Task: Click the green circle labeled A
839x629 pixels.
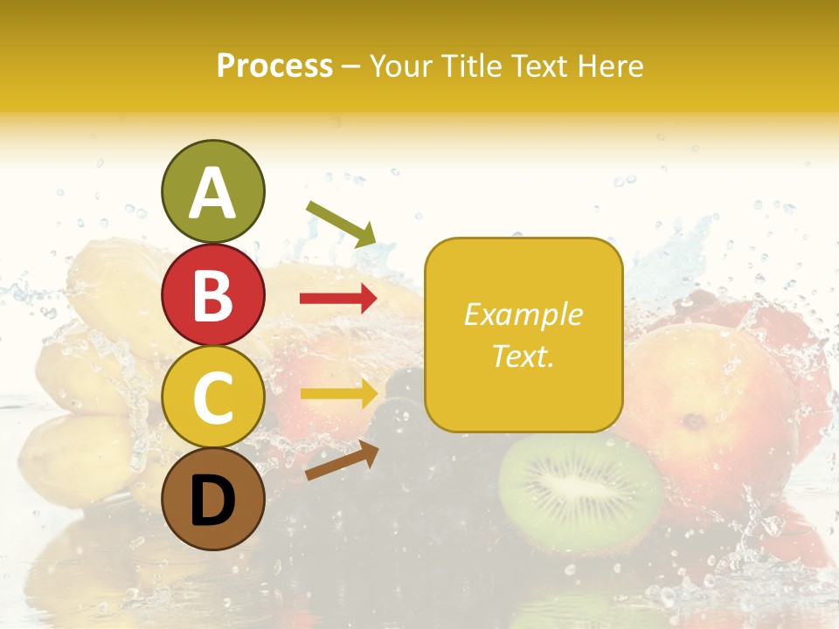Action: coord(212,192)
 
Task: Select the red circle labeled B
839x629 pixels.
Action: coord(212,294)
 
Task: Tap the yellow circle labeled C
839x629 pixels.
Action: coord(212,397)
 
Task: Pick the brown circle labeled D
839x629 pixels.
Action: coord(212,500)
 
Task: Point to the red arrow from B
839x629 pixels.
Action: coord(338,299)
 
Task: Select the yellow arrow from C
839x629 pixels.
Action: coord(339,393)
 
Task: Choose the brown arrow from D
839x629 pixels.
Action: coord(342,460)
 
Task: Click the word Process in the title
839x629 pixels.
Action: coord(274,66)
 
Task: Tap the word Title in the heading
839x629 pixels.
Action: coord(472,66)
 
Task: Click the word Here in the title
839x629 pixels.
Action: coord(609,66)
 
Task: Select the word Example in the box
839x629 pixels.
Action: coord(523,314)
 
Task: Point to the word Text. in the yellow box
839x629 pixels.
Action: coord(523,356)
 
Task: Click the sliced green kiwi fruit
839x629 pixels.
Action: coord(579,494)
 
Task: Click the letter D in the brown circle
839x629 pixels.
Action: coord(212,501)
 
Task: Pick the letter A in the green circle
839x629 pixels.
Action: coord(212,194)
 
